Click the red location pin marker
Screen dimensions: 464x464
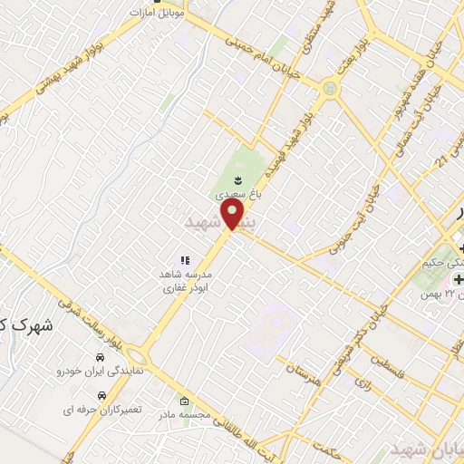pyautogui.click(x=234, y=214)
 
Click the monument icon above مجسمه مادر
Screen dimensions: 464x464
pyautogui.click(x=185, y=401)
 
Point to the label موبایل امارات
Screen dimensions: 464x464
pyautogui.click(x=159, y=14)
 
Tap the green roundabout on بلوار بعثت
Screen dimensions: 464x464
pyautogui.click(x=329, y=89)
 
